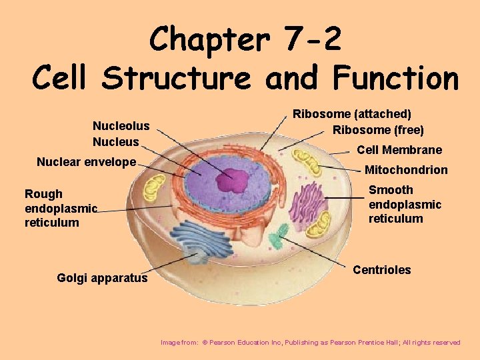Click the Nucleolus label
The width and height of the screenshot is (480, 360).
click(x=121, y=126)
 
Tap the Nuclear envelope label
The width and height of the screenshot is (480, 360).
click(x=86, y=162)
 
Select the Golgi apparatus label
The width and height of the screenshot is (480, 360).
click(x=102, y=278)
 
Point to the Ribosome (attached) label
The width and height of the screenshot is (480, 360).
click(x=352, y=115)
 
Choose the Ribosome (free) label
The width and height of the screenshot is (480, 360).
click(x=378, y=130)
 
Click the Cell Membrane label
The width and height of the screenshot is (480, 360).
click(x=399, y=150)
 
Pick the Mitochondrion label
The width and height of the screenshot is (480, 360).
click(x=406, y=170)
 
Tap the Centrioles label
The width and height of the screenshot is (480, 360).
click(x=381, y=270)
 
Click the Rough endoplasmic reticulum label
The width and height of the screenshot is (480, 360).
click(x=61, y=208)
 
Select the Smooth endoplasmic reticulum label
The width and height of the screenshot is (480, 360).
click(x=405, y=204)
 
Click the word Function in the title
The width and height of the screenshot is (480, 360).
click(x=395, y=79)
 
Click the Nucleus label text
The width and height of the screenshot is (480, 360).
click(x=116, y=142)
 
